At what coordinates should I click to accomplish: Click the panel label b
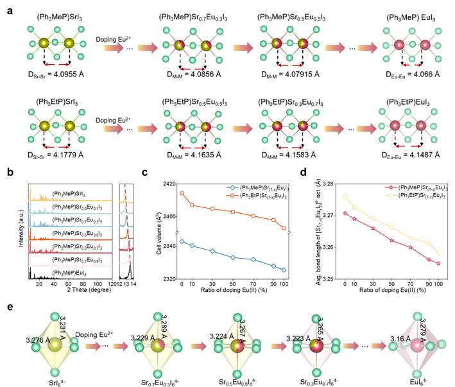[x=10, y=172]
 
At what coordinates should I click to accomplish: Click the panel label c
[x=144, y=172]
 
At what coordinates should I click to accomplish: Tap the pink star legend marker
[x=390, y=187]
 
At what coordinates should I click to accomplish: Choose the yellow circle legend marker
[x=390, y=194]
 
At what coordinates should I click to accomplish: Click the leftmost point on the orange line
[x=182, y=193]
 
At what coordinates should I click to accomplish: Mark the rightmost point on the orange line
[x=284, y=228]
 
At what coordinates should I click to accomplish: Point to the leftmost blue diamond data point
[x=182, y=241]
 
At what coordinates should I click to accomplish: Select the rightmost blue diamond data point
[x=284, y=270]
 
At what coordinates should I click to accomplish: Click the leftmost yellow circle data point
[x=345, y=197]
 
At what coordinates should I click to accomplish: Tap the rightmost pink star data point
[x=439, y=263]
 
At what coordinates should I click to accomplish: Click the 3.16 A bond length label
[x=400, y=338]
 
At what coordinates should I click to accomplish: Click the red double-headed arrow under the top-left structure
[x=56, y=64]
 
